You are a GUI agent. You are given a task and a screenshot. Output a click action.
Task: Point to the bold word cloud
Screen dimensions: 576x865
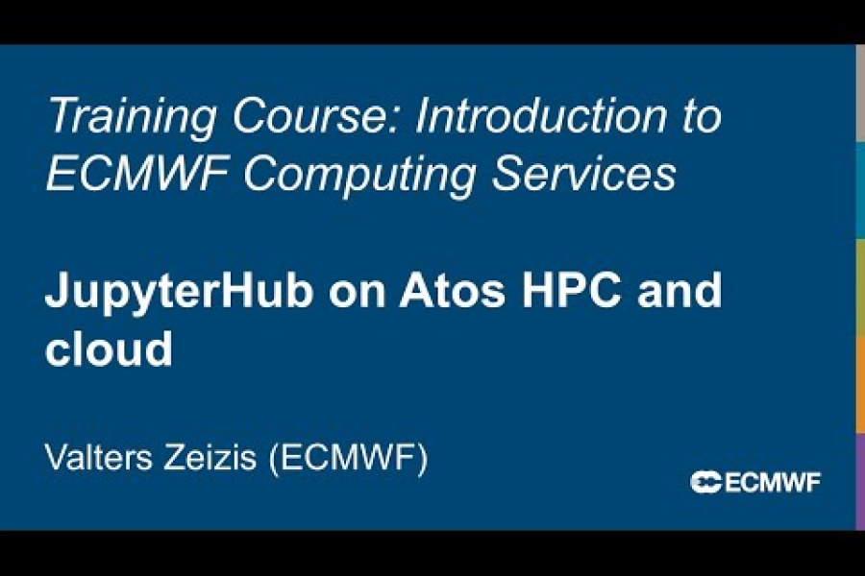[108, 349]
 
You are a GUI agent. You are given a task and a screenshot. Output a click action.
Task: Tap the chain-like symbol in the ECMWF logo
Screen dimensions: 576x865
[705, 483]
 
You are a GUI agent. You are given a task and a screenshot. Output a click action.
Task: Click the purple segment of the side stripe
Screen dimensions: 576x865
[859, 480]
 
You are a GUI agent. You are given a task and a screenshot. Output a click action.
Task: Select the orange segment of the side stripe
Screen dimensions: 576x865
[859, 384]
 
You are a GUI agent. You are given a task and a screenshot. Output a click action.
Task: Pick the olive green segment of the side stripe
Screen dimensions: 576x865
[859, 287]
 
